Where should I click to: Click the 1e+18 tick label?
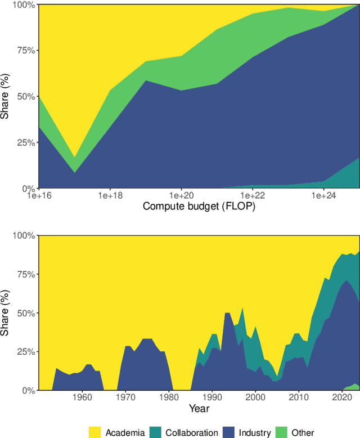click(110, 195)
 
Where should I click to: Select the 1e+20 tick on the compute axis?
click(181, 195)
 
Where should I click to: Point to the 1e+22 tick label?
click(252, 195)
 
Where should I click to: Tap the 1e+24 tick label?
click(323, 195)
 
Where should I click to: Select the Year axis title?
click(199, 408)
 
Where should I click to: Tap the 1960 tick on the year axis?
click(82, 397)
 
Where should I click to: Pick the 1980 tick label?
click(169, 397)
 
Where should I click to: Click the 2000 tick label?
click(255, 397)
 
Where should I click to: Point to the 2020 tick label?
click(342, 397)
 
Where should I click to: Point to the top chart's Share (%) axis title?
click(7, 96)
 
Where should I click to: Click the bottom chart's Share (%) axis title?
click(7, 312)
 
